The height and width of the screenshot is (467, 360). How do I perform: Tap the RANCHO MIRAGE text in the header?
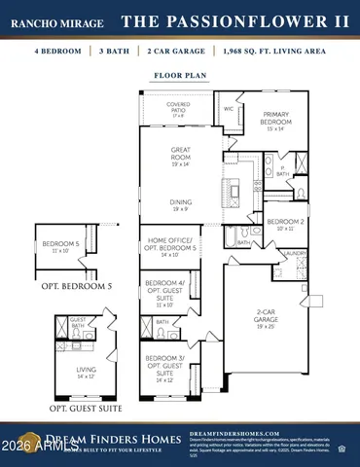[56, 21]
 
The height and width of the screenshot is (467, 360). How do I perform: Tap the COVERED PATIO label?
[178, 108]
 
